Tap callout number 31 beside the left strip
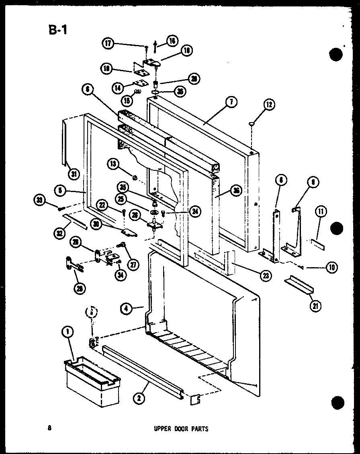[x=74, y=174]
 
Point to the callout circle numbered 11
[x=321, y=211]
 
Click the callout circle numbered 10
[x=332, y=267]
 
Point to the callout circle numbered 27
[x=131, y=264]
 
